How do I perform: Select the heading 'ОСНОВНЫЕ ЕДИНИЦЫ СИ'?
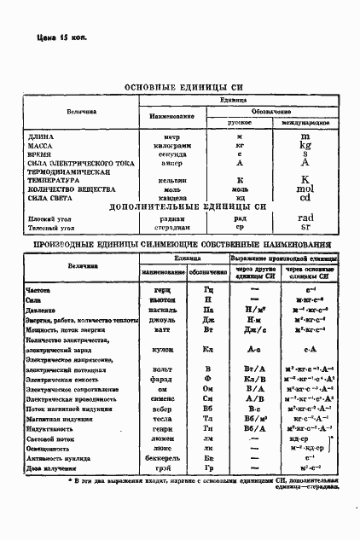click(185, 87)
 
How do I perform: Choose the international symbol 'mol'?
click(305, 189)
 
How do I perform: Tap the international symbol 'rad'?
click(306, 218)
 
